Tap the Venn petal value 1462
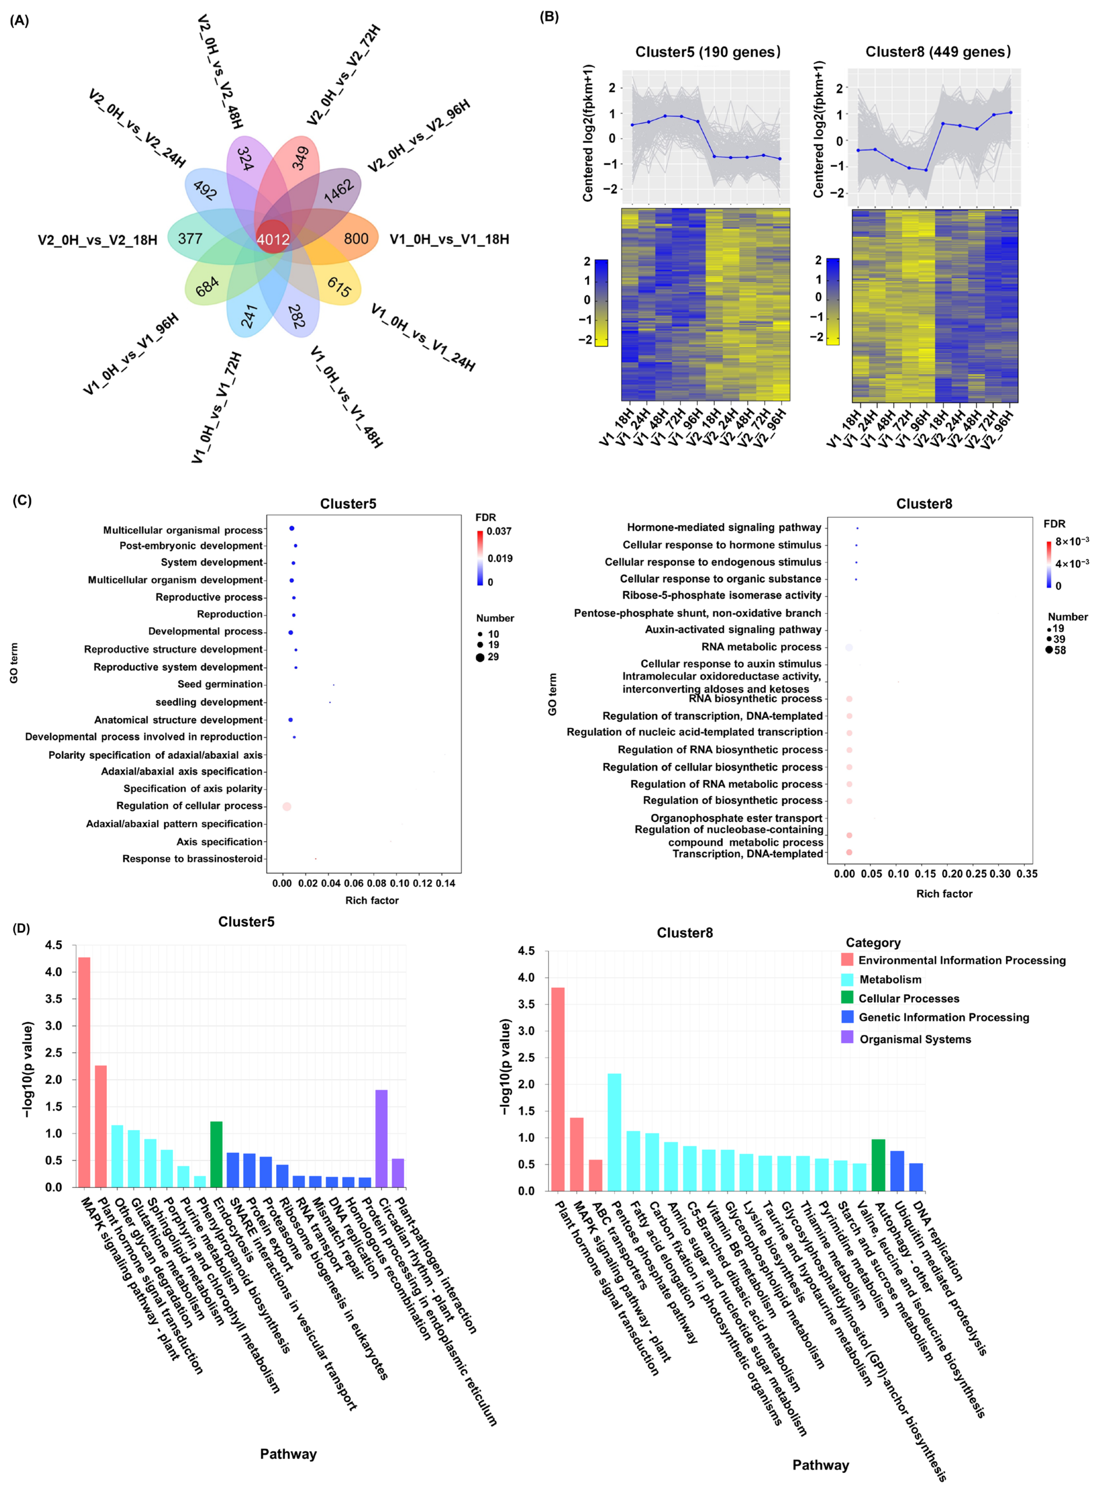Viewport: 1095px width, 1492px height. coord(339,191)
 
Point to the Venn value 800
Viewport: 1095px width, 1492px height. coord(356,239)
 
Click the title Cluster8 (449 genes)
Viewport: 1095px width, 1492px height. coord(938,52)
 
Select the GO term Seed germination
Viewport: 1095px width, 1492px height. coord(220,684)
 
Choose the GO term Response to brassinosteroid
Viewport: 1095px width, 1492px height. coord(192,858)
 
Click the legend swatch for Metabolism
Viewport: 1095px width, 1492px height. coord(847,979)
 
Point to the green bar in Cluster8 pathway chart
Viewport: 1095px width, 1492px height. coord(878,1165)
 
